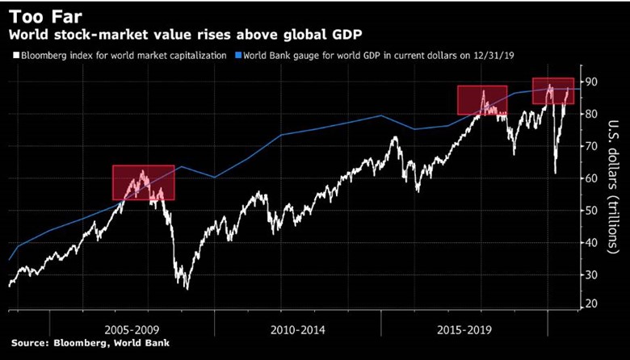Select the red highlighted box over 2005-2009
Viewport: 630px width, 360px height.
[143, 182]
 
